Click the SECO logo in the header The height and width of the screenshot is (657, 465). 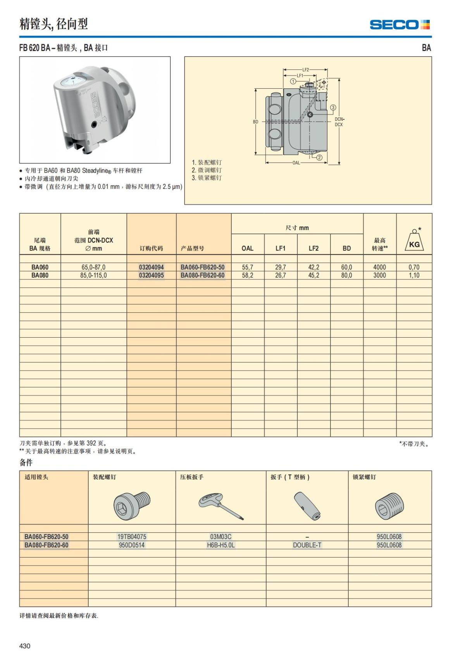pos(400,25)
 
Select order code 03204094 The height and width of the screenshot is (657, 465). pos(151,267)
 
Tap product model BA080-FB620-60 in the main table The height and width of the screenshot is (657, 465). pos(202,275)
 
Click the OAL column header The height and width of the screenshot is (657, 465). pos(247,249)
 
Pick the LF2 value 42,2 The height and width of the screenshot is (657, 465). pos(313,267)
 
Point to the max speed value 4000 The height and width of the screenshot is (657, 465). pos(379,267)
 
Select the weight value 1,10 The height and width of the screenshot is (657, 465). pos(414,275)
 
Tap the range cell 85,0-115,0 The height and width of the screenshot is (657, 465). pos(93,275)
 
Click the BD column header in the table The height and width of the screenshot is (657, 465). pos(346,249)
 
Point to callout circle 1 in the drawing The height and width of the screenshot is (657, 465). pos(293,81)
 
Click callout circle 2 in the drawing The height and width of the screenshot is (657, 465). pos(319,157)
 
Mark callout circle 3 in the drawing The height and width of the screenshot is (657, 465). pos(333,108)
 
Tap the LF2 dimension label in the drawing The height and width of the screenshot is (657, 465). pos(306,70)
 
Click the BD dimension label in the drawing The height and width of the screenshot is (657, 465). pos(255,122)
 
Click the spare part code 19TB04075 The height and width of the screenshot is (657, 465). pos(132,537)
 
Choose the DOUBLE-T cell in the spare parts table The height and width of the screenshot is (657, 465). pos(307,545)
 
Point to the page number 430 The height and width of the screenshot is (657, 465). pos(25,646)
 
